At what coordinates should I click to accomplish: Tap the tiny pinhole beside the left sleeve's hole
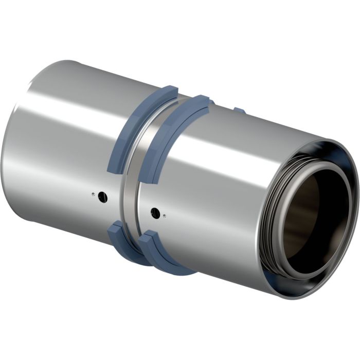(x=93, y=194)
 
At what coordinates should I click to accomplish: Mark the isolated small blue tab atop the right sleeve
(x=239, y=110)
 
